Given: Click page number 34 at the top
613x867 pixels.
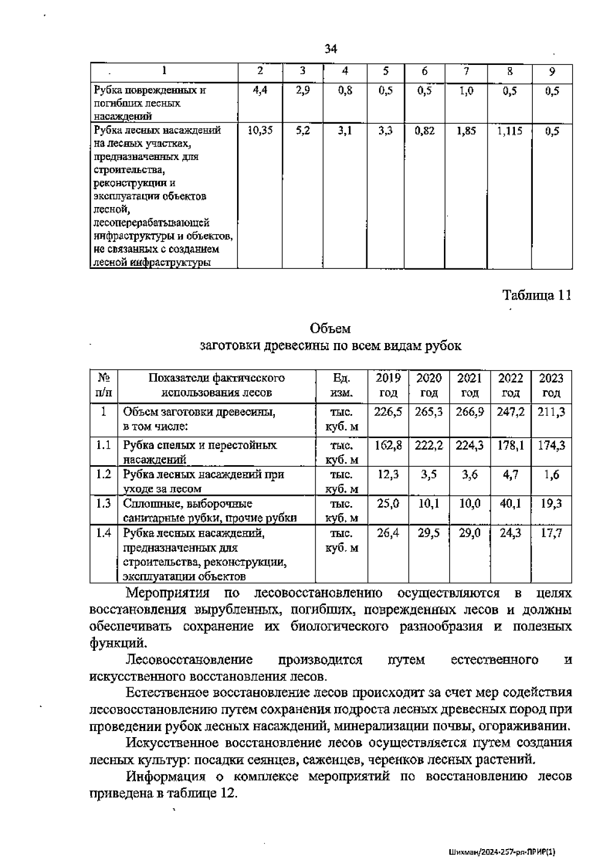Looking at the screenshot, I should tap(331, 49).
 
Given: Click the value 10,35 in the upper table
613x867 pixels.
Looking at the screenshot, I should tap(260, 131).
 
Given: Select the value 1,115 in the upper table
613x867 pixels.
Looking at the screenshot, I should tap(510, 131).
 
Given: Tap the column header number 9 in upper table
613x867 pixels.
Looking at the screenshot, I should tap(552, 72).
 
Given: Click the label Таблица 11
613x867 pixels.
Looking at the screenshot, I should tap(537, 295).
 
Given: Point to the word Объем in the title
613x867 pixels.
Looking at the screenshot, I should tap(330, 328).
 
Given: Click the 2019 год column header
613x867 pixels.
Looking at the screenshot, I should tap(388, 385).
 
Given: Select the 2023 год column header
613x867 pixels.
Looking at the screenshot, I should tap(552, 385).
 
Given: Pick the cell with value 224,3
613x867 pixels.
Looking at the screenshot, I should tap(469, 445).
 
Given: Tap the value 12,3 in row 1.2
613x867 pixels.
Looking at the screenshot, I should tap(388, 474).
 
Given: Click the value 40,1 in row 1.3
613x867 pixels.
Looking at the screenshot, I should tap(510, 504).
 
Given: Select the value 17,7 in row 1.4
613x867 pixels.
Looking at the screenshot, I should tap(552, 533).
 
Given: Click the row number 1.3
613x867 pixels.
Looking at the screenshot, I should tap(104, 504).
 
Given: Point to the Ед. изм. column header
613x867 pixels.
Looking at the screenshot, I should tap(341, 385).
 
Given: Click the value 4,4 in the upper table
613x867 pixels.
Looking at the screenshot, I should tap(260, 91).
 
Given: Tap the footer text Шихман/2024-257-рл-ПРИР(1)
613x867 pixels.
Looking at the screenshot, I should tap(502, 852).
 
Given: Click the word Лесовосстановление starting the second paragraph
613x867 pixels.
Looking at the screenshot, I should tap(190, 660).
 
